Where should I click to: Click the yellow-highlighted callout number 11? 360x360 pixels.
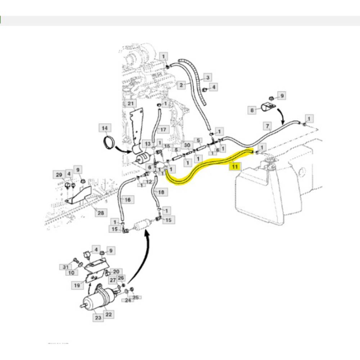pos(235,167)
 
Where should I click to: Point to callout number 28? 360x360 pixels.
pos(101,213)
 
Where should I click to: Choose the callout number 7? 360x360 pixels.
pos(267,125)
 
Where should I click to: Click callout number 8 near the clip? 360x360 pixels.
pos(252,110)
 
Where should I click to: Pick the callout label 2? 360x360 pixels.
pos(182,85)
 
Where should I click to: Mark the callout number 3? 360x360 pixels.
pos(208,78)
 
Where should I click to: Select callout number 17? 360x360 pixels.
pos(164,129)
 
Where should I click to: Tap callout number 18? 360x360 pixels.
pos(161,192)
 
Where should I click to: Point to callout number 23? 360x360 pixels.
pos(98,318)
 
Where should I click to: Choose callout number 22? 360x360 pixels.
pos(109,314)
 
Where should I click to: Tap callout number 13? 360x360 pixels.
pos(148,144)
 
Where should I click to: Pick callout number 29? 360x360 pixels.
pos(59,175)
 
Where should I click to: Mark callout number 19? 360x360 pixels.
pos(77,284)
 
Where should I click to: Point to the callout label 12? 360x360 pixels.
pos(148,182)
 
